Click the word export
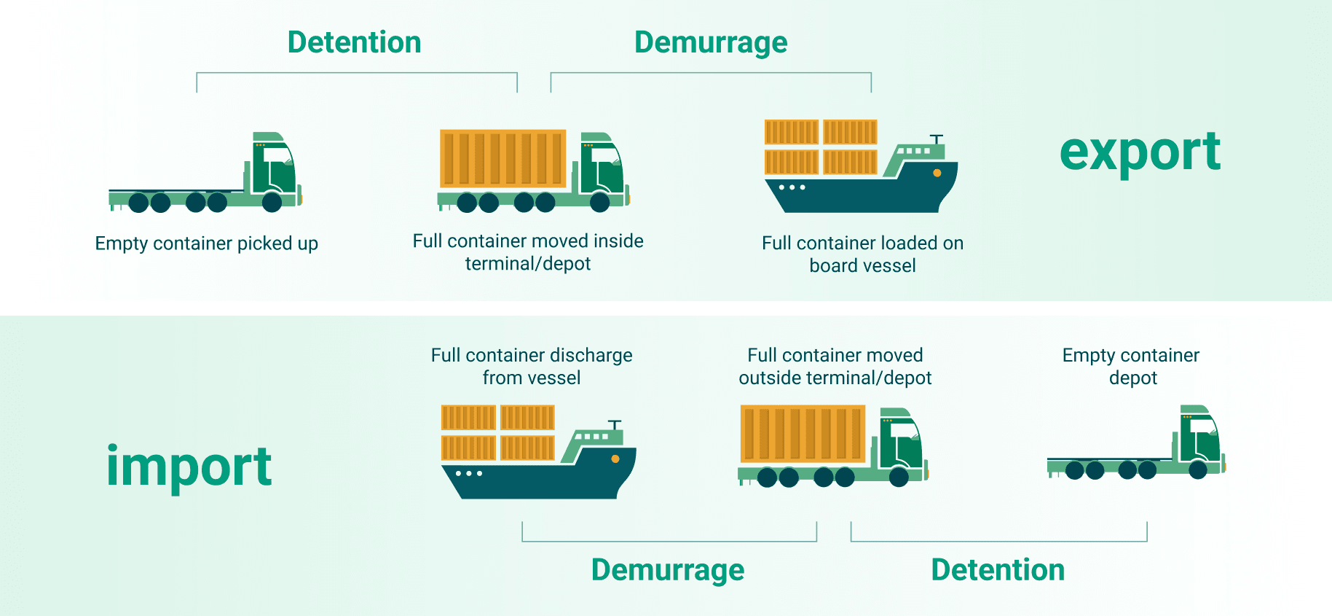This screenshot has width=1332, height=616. coord(1140,153)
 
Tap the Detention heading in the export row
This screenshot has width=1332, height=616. coord(355,42)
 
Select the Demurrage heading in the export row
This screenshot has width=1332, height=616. coord(711,42)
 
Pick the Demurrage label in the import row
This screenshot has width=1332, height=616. coord(668,570)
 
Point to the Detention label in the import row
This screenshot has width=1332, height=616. coord(998,570)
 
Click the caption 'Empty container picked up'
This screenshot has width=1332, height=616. coord(207,243)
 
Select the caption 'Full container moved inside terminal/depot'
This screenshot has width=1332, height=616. coord(528,252)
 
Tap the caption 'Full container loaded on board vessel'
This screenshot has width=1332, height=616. coord(862,254)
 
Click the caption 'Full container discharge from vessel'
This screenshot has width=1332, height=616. coord(532,366)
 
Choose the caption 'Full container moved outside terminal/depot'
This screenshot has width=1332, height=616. coord(835,366)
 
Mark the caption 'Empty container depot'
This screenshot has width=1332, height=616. coord(1131,366)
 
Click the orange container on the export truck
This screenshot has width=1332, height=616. coord(503,158)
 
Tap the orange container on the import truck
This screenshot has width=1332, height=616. coord(803,434)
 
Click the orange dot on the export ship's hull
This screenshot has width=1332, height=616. coord(937,174)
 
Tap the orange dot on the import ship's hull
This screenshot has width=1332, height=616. coord(615,459)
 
